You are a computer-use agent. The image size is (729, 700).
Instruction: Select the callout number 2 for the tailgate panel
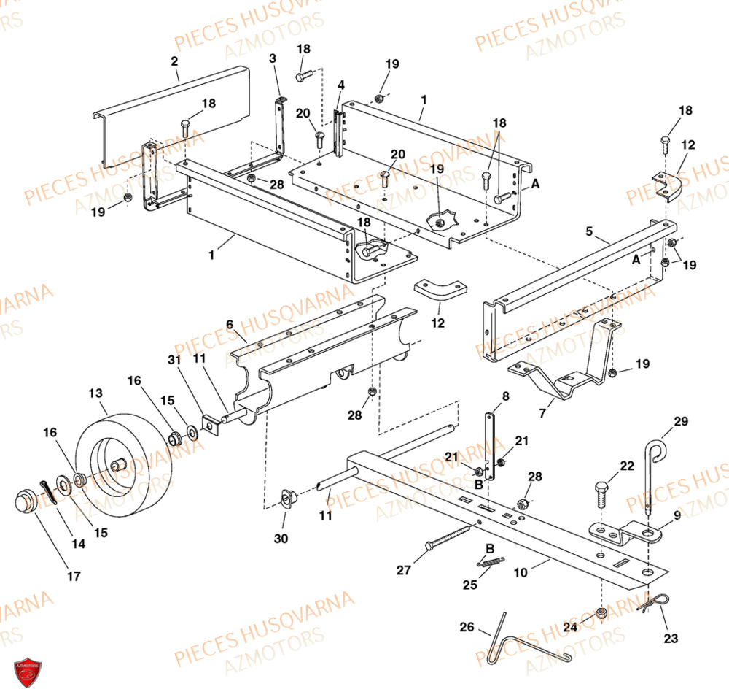coord(174,61)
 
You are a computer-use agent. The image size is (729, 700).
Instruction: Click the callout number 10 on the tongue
coord(520,574)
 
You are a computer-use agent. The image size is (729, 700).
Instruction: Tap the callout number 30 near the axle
coord(281,539)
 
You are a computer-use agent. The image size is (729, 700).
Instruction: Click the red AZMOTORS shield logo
coord(28,672)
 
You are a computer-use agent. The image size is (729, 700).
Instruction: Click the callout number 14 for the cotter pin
coord(78,544)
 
